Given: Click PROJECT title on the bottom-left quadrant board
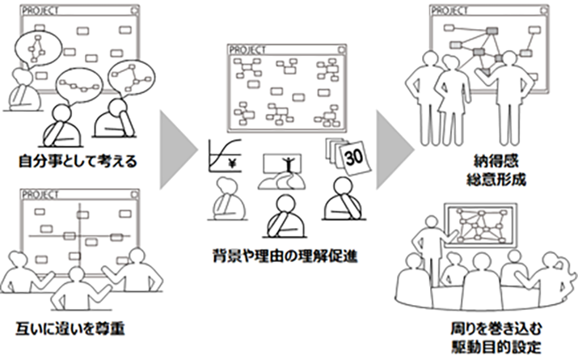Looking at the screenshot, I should coord(40,195).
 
